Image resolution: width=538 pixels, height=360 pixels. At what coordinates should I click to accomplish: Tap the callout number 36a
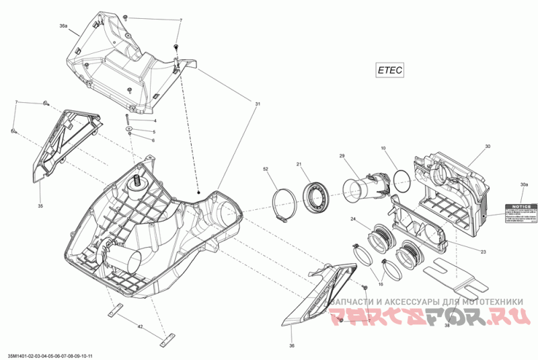click(x=63, y=25)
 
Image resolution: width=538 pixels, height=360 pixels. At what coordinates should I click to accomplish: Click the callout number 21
click(x=299, y=164)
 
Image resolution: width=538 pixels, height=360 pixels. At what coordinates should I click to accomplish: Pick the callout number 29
click(x=342, y=156)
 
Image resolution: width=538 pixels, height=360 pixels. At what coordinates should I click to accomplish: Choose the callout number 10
click(x=383, y=147)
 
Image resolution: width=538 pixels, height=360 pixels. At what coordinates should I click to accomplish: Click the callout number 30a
click(x=523, y=184)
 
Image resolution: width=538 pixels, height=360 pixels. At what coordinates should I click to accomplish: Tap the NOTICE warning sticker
click(x=523, y=212)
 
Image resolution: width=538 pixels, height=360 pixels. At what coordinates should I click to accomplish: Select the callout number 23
click(x=483, y=251)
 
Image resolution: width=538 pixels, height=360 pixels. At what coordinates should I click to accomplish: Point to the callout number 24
click(x=352, y=219)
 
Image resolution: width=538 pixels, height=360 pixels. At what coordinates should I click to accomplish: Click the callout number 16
click(x=380, y=285)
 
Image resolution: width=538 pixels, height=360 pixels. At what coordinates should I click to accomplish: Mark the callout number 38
click(x=447, y=325)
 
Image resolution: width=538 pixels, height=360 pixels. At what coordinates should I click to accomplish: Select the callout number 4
click(x=154, y=120)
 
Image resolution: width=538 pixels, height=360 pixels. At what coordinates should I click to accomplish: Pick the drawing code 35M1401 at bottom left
click(x=50, y=355)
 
